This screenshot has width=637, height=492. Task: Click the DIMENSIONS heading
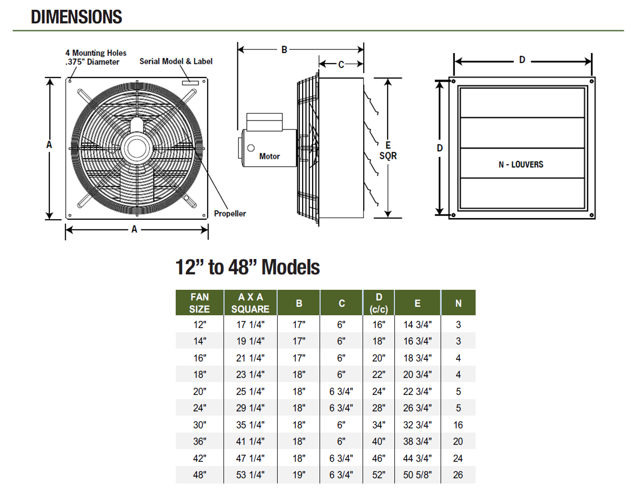pos(76,16)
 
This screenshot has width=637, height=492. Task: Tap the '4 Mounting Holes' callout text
pos(96,53)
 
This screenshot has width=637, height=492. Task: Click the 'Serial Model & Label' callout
pos(176,61)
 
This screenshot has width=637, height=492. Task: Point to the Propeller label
pos(230,213)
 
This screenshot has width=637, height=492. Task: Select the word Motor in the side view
pos(270,157)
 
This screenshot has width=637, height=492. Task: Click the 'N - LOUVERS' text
pos(521,165)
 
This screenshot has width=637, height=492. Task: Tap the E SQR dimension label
pos(388,151)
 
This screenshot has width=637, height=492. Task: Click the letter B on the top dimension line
pos(284,50)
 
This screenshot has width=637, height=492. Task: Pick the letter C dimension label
pos(341,64)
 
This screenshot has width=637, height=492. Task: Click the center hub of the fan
pos(137,148)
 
